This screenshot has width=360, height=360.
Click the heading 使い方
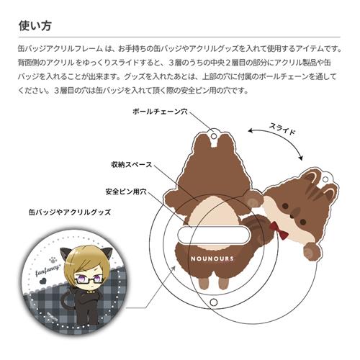tap(35, 26)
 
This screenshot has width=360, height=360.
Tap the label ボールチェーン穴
tap(160, 112)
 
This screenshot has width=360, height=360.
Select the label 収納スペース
tap(132, 165)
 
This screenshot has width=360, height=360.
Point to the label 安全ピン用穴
tap(126, 192)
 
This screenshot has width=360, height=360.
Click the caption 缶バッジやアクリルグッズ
tap(70, 212)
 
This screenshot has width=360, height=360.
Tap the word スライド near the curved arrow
tap(282, 129)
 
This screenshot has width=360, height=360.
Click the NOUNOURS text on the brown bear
tap(212, 258)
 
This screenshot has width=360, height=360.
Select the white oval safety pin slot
tap(214, 235)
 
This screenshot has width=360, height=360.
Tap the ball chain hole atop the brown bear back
tap(214, 136)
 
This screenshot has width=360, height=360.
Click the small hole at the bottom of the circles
tap(214, 302)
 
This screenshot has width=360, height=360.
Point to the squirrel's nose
tap(292, 216)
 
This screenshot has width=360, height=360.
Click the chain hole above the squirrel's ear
tap(325, 179)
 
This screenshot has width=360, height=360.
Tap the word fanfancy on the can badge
tap(47, 270)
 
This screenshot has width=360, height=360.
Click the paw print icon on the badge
tap(53, 260)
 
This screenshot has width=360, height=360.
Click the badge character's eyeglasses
tap(87, 279)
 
